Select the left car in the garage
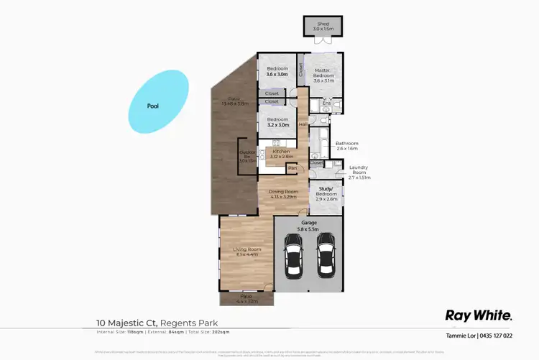pos(292,257)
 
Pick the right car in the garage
pos(326,257)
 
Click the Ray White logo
pos(479,315)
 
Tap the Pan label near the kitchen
pos(292,168)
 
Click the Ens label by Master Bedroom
pos(326,104)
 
